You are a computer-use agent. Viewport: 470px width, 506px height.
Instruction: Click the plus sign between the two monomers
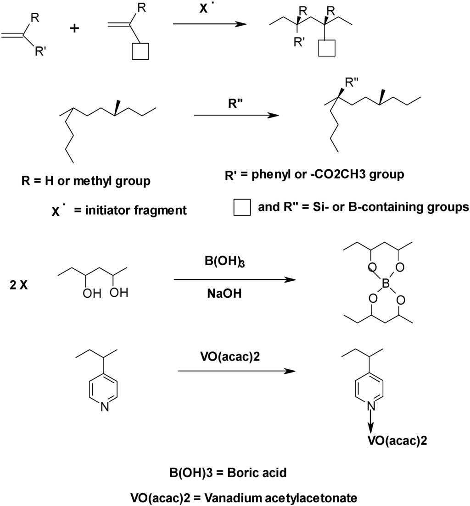(74, 28)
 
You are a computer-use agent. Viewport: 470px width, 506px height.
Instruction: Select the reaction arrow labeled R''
(236, 115)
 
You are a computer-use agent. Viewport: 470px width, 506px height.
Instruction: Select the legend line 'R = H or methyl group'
(86, 181)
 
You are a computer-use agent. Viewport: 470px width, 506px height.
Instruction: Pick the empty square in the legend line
(242, 207)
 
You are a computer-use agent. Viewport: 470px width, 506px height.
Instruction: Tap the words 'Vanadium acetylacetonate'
(281, 496)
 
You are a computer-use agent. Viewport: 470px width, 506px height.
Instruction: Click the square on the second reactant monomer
(140, 51)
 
